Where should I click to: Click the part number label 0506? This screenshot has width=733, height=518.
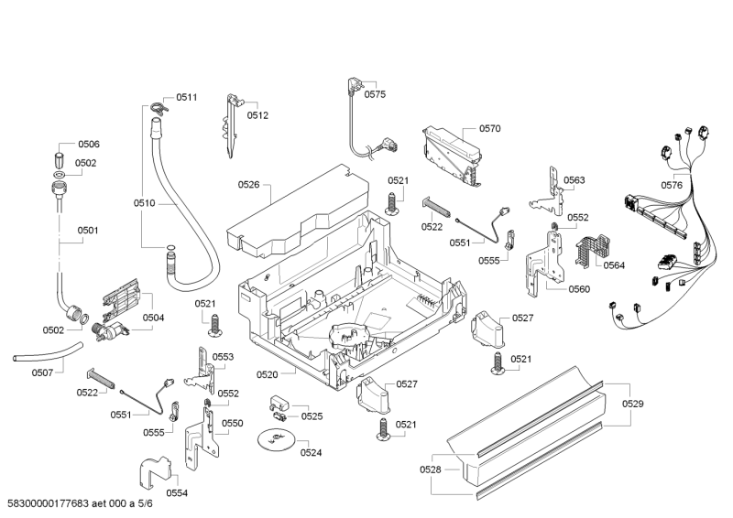[x=89, y=145]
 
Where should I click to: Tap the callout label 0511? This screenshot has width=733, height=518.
[x=187, y=97]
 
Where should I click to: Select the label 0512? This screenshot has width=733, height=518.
[x=257, y=115]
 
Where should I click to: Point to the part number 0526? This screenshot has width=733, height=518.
[x=249, y=185]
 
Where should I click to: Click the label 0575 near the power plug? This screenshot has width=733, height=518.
[x=376, y=94]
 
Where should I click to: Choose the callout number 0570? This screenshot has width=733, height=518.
[x=489, y=129]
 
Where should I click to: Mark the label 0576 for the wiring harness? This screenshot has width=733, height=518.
[x=672, y=185]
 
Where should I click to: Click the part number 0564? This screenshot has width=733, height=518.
[x=614, y=264]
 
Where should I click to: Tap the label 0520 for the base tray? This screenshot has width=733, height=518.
[x=268, y=374]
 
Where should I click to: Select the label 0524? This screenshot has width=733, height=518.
[x=312, y=452]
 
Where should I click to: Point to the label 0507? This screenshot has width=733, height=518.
[x=42, y=372]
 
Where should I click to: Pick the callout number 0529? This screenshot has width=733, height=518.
[x=633, y=404]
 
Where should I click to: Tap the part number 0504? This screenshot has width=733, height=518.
[x=153, y=318]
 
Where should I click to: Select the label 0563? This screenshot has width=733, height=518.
[x=574, y=180]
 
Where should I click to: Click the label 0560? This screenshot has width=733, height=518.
[x=578, y=289]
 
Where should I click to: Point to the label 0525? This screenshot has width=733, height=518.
[x=312, y=416]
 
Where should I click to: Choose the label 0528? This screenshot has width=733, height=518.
[x=432, y=469]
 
